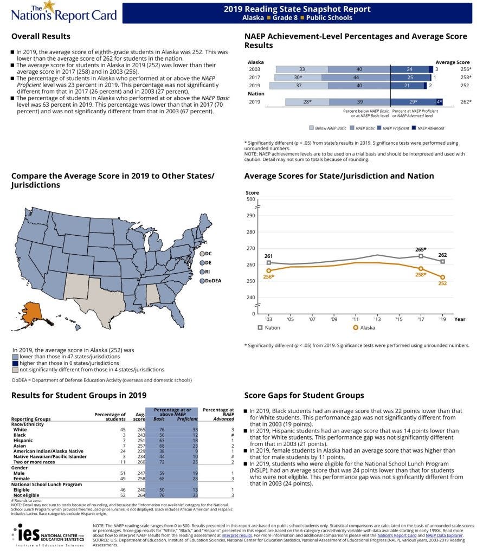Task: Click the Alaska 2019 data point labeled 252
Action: coord(443,277)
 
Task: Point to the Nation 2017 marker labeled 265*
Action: coord(421,256)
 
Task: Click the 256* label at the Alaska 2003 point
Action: coord(269,277)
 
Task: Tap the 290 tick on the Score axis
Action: coord(250,216)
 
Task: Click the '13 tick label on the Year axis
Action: coord(378,319)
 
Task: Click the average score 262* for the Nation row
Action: coord(465,102)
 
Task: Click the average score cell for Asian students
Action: coord(142,446)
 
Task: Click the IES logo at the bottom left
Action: coord(47,535)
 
